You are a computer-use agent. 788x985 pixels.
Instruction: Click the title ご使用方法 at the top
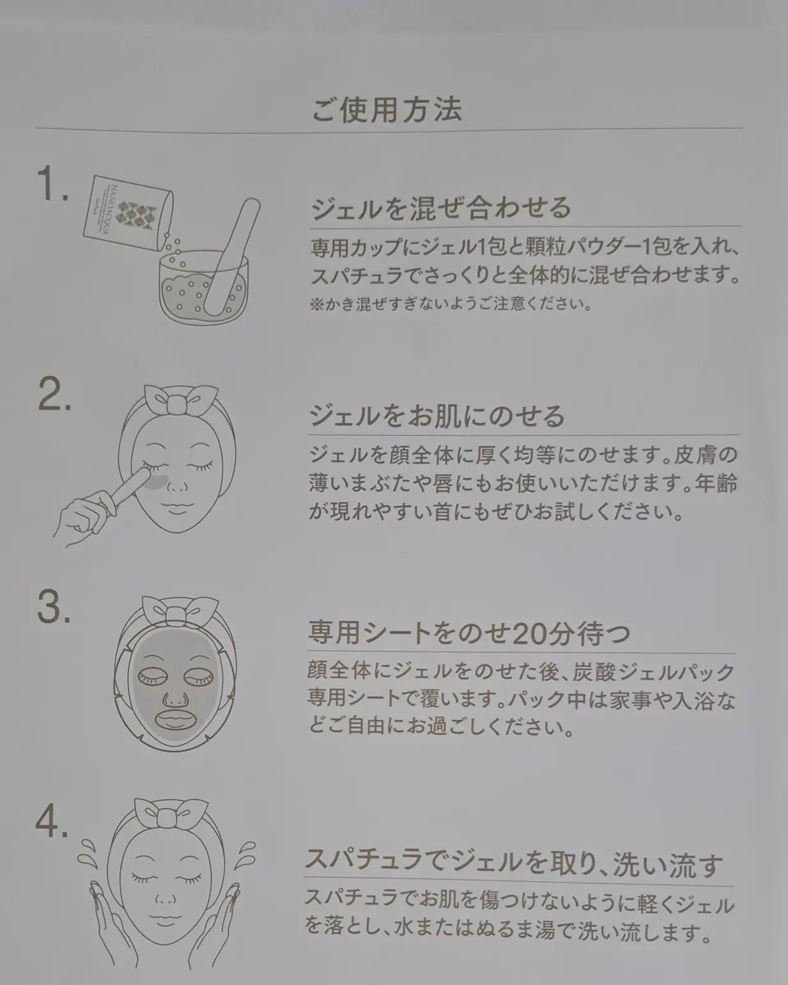tap(387, 110)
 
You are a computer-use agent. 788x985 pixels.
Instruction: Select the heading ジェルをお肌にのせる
tap(436, 416)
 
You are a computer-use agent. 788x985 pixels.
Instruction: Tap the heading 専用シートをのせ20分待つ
tap(469, 634)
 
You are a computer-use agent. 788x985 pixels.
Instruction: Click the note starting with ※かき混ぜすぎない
tap(451, 304)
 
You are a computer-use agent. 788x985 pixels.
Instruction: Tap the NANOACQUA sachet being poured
tap(128, 213)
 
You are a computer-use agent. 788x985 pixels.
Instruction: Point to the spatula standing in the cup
tap(231, 256)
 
